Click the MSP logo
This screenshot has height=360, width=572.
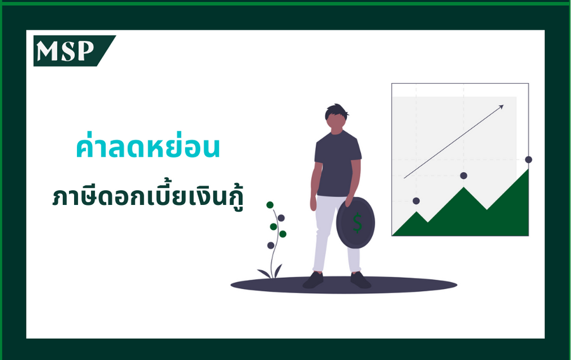(74, 51)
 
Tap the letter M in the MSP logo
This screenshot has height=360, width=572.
(48, 51)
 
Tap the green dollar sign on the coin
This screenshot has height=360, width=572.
(357, 222)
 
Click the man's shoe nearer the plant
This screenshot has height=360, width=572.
(313, 280)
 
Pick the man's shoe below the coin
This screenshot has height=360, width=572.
(360, 280)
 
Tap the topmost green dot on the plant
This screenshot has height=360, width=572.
(270, 205)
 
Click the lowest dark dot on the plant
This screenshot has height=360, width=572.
(270, 245)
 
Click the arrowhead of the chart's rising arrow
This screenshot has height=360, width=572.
(501, 106)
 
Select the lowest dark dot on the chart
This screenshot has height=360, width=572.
(416, 201)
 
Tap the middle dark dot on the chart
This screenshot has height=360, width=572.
(464, 175)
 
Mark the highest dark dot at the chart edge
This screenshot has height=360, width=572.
(528, 160)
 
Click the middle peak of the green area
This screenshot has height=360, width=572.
(464, 187)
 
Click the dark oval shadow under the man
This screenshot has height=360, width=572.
(343, 285)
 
